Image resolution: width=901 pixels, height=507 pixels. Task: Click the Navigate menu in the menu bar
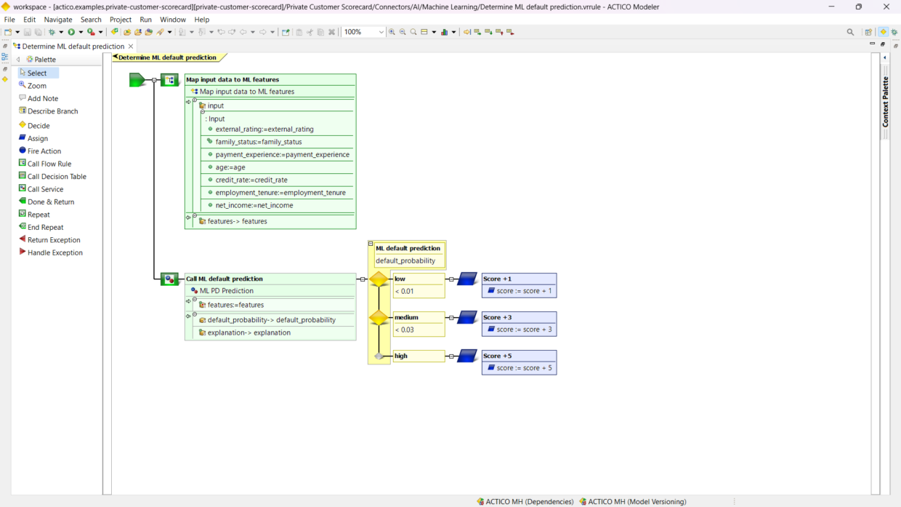point(58,20)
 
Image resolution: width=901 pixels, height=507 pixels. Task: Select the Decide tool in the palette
point(39,126)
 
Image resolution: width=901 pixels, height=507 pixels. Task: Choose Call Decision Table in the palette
point(57,177)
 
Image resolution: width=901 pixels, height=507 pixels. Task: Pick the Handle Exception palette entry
point(54,253)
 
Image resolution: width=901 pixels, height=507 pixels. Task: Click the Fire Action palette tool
point(44,151)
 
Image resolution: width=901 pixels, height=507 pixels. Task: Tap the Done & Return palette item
point(50,202)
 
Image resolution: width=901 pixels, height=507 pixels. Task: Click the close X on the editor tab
point(131,47)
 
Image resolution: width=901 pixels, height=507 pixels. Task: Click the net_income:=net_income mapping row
point(254,206)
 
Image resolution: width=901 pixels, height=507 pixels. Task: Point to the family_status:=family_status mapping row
point(258,142)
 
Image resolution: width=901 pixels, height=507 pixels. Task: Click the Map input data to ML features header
point(233,80)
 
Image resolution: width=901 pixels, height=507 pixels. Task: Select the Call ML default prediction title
point(225,279)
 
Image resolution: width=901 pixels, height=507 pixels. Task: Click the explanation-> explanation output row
point(249,333)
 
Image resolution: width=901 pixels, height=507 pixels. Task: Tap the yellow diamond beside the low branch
point(379,279)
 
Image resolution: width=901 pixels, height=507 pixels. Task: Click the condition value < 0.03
point(405,330)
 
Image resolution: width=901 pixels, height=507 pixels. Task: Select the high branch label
point(401,356)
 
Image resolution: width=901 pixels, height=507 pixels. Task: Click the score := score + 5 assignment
point(524,368)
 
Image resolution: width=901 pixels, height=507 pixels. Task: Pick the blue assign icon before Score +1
point(467,279)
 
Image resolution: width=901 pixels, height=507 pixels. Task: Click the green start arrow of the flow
point(137,80)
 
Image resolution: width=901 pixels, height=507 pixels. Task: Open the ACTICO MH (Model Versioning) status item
point(637,501)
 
